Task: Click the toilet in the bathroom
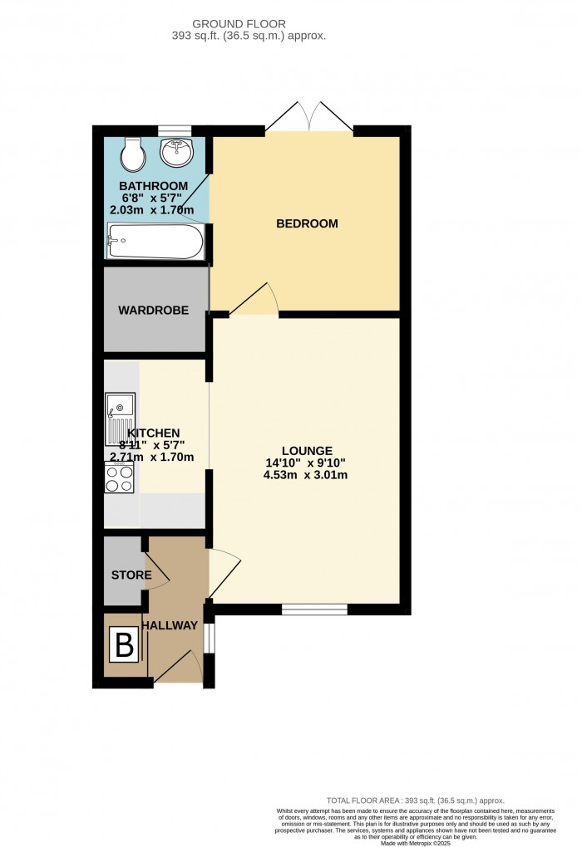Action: (x=132, y=154)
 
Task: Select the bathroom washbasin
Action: (x=177, y=153)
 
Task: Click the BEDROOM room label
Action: (x=307, y=223)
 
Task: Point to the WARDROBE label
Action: (x=153, y=311)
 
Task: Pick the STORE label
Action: (x=131, y=575)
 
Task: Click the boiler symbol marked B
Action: (x=125, y=644)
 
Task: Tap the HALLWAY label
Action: (x=170, y=625)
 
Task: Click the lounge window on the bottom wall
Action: (x=314, y=610)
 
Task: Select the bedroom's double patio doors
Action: (x=308, y=118)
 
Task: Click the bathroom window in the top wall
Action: (x=175, y=130)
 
